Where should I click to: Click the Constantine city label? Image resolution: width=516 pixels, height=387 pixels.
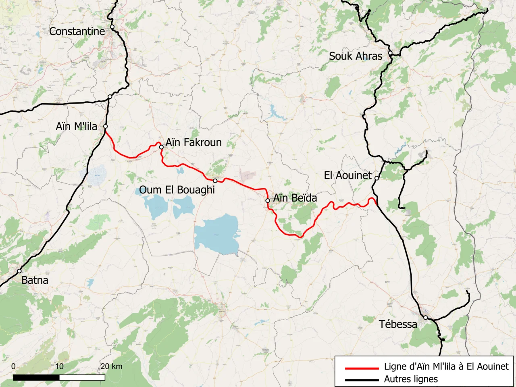point(77,31)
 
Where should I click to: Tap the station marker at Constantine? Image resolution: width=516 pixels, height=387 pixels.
point(112,27)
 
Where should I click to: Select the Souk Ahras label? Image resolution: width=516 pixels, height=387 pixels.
point(356,56)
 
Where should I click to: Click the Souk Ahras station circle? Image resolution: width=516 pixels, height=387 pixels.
point(390,53)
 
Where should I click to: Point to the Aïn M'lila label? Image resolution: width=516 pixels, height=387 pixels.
point(76,127)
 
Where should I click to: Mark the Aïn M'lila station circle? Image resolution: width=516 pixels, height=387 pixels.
point(106,127)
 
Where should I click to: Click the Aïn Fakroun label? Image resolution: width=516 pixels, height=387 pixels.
point(193,142)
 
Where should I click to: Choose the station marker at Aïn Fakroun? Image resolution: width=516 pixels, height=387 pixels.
point(161,147)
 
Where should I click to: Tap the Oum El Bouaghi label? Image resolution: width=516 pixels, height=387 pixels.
point(177,190)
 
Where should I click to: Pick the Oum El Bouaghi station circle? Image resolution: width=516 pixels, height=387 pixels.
point(215,181)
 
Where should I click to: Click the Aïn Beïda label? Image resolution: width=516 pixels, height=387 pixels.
point(295,198)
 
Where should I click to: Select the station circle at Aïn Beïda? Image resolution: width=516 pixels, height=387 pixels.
point(268,200)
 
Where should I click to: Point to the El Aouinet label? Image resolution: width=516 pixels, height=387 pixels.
point(348,175)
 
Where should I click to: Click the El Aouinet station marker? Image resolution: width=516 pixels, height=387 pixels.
point(377,178)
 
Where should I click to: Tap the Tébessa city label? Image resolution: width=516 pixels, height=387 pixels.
point(398,324)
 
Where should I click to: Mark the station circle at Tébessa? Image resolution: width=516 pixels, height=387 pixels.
point(425,318)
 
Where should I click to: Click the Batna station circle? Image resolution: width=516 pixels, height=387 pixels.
point(19,271)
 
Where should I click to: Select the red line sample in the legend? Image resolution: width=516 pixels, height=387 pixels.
point(362,368)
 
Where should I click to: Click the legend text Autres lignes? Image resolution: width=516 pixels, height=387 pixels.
point(411,379)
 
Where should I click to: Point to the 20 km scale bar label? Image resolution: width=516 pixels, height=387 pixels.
point(111,366)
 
